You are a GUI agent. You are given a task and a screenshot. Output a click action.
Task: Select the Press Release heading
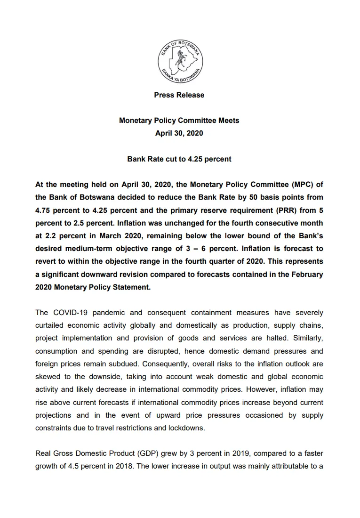click(x=179, y=95)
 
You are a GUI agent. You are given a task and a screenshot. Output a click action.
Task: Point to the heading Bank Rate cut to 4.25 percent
click(x=179, y=159)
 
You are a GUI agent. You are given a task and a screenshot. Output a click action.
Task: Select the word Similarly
click(x=308, y=338)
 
